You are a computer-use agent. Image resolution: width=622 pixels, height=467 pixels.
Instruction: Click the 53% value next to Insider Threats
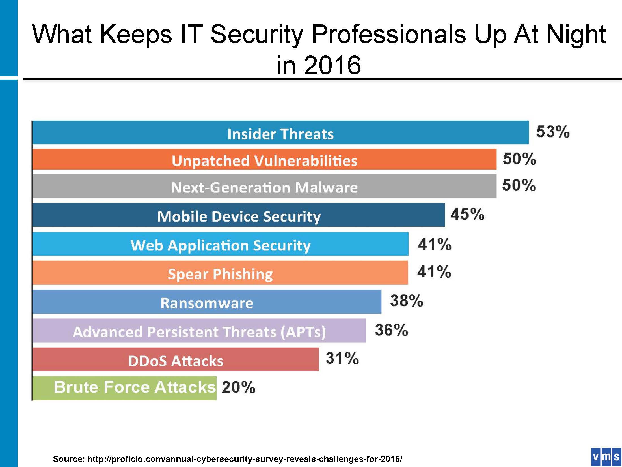[x=553, y=132]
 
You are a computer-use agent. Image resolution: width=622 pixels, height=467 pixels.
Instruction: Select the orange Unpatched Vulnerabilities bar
[x=264, y=160]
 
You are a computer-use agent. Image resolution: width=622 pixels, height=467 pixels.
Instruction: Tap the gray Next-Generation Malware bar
[x=264, y=186]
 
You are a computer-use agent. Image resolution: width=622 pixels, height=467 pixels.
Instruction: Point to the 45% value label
[x=467, y=214]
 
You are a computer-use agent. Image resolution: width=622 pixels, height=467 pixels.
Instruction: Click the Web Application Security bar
[x=220, y=244]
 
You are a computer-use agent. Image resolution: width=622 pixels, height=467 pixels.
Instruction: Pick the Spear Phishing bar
[x=220, y=273]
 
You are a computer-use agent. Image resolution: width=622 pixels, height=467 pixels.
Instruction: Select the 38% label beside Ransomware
[x=407, y=301]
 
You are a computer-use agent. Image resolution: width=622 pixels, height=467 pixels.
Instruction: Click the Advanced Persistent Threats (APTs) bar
[x=199, y=331]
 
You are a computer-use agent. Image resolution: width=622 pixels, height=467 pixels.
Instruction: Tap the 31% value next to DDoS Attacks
[x=342, y=358]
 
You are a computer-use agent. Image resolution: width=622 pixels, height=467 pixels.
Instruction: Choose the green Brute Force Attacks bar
[x=124, y=388]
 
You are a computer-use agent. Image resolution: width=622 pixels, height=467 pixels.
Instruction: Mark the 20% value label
[x=238, y=387]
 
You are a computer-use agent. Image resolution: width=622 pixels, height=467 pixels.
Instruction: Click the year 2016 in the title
[x=332, y=65]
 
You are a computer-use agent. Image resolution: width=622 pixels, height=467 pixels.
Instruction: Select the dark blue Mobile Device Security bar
[x=239, y=215]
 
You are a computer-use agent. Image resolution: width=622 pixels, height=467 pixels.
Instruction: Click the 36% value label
[x=391, y=330]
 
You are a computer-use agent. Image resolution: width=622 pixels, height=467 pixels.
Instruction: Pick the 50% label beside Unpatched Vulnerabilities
[x=519, y=159]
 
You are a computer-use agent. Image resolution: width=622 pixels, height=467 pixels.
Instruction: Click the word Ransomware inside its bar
[x=207, y=303]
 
